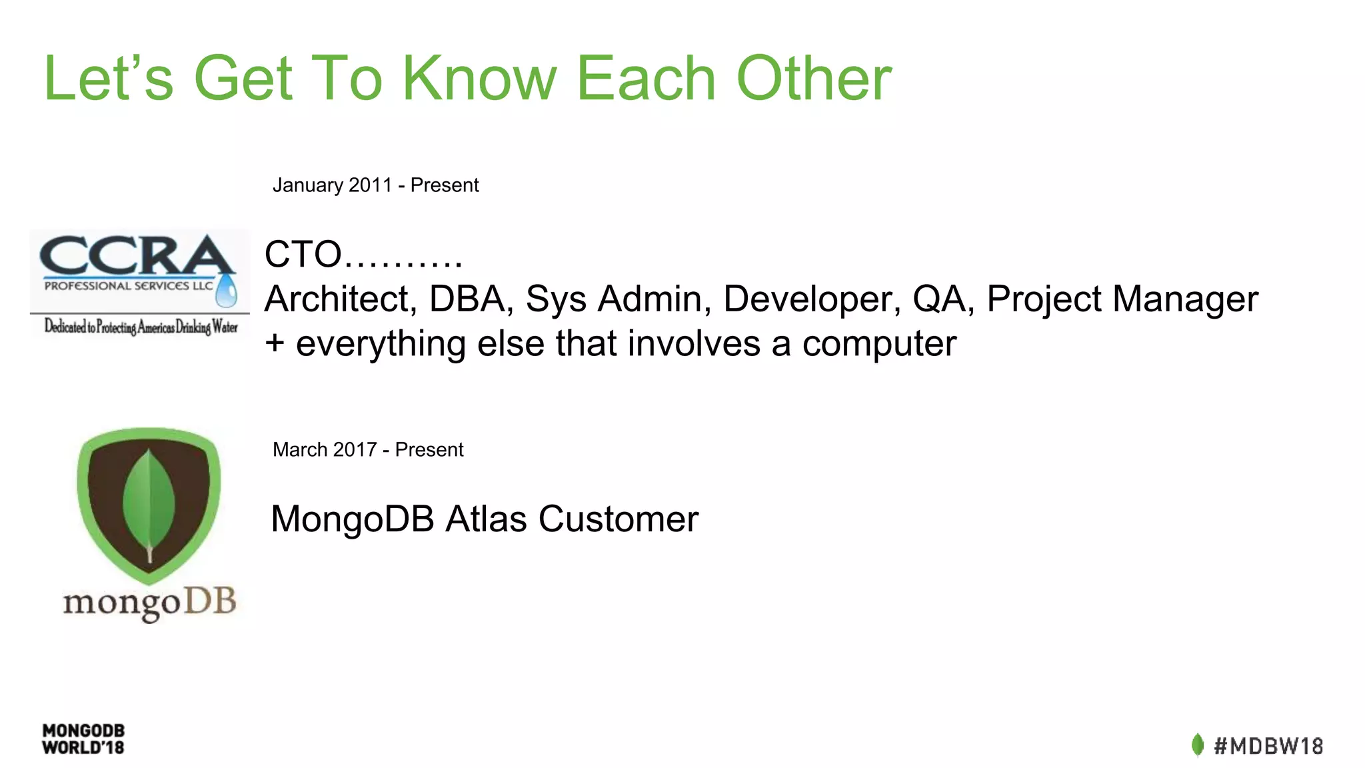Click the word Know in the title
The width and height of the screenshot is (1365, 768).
point(479,79)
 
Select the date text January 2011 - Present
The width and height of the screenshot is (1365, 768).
point(375,185)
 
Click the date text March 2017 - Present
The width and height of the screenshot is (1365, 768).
point(368,449)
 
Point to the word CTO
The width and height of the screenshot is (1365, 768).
point(303,255)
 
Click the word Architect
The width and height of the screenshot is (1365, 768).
point(341,299)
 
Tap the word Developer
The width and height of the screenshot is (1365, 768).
point(811,299)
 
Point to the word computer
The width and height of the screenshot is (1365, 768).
point(879,344)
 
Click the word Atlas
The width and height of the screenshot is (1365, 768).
point(486,519)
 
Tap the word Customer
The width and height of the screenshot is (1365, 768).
point(619,519)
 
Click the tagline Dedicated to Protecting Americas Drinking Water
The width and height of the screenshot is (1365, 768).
point(141,326)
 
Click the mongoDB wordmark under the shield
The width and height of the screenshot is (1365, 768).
point(149,603)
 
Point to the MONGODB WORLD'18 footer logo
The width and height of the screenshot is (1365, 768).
point(83,739)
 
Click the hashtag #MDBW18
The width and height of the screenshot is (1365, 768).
point(1268,745)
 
